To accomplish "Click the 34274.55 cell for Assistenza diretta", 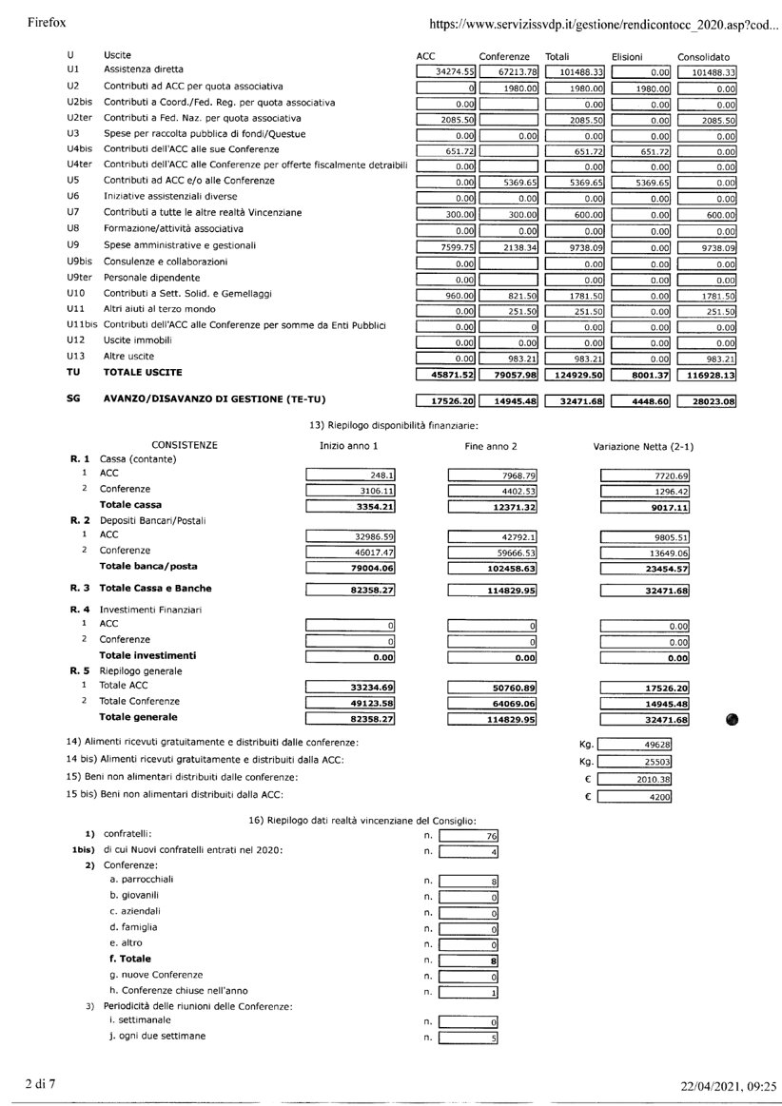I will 445,71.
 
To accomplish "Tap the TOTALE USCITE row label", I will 142,372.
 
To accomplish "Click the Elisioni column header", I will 628,56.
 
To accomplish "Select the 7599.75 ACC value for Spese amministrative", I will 445,246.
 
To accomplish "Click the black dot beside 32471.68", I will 731,720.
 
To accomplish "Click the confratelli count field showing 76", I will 469,836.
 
